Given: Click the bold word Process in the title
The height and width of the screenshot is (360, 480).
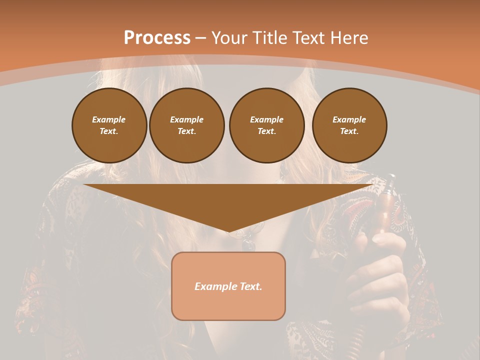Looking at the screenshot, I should [157, 37].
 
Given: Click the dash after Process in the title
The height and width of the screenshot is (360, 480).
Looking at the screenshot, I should [200, 38].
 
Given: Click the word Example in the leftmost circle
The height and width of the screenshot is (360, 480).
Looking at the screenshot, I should [109, 119].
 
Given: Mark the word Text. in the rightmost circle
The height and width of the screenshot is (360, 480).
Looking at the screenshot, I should [349, 131].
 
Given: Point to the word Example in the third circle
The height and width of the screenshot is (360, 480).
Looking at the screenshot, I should [266, 119].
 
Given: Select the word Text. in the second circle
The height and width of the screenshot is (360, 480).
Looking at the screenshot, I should [186, 131].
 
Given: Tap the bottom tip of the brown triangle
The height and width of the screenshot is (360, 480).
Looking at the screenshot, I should [228, 231].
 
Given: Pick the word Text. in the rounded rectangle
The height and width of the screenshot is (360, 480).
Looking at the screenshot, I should [251, 286].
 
